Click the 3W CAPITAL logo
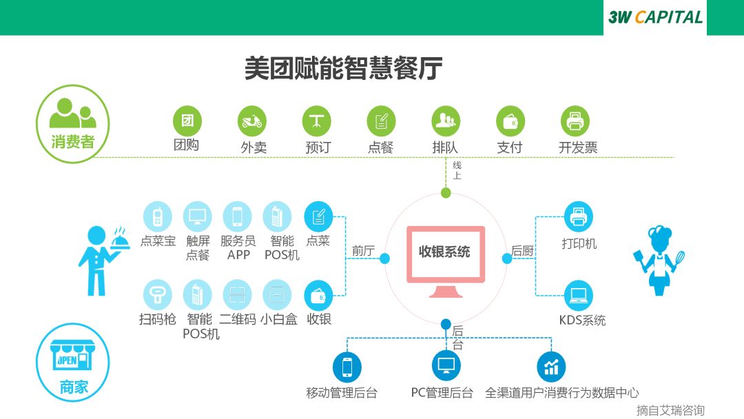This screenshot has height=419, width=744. coord(655,17)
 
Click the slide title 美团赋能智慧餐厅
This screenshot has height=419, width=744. coord(343,69)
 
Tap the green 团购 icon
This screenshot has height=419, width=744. coord(187,121)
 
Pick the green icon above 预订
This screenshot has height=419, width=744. coord(316,121)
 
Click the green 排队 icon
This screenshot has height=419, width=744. coord(446,121)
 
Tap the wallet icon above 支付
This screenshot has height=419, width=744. coord(510,121)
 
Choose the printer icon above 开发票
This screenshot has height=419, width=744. coord(575,121)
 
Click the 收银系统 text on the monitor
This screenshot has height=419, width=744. coord(444,252)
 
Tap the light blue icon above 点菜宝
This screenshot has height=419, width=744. coord(157,216)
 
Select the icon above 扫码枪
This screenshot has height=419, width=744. coord(157,294)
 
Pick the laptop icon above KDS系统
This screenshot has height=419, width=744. coord(577,295)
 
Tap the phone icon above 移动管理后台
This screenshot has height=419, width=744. coord(347,366)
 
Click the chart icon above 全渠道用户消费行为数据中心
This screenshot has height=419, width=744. coord(551,366)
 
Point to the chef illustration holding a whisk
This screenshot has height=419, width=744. coord(659,260)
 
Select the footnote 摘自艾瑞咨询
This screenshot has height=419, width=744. coord(670,410)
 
